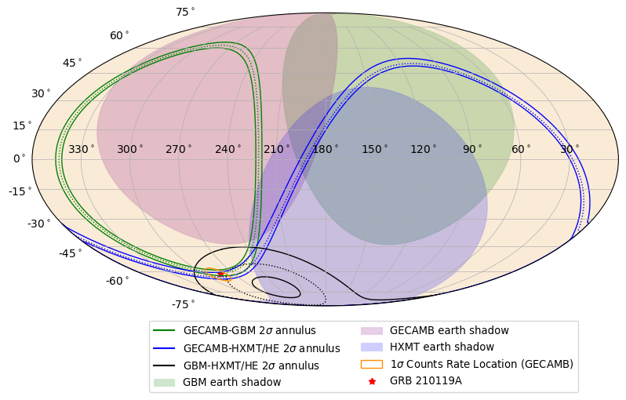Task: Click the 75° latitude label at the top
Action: (185, 12)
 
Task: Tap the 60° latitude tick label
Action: (119, 35)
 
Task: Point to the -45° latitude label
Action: (69, 253)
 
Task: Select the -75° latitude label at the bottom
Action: (183, 304)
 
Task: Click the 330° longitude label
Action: (81, 149)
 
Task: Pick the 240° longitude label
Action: (227, 149)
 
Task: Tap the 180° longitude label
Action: (326, 149)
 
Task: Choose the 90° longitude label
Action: (472, 149)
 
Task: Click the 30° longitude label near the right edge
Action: (570, 149)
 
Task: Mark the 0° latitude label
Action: (20, 158)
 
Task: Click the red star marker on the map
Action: (220, 275)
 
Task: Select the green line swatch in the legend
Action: (164, 331)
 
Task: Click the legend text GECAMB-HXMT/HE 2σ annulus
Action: (261, 348)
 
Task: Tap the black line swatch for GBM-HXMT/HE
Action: (164, 365)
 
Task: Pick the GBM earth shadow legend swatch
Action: (164, 383)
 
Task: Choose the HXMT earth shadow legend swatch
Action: (371, 347)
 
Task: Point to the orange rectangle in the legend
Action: (371, 364)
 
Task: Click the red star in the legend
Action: (372, 381)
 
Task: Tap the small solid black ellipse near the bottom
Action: (276, 287)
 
